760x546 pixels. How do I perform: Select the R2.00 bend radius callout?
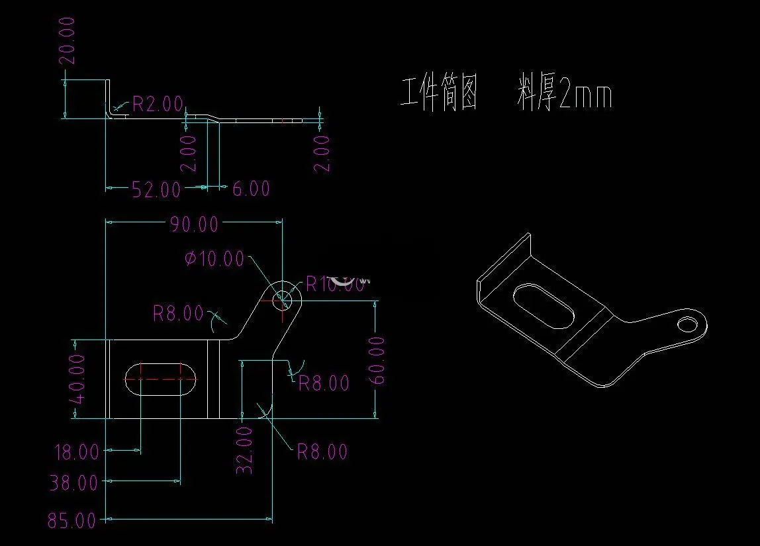pos(158,103)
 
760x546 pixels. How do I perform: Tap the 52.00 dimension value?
pos(156,190)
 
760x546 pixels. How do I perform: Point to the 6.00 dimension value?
pos(251,189)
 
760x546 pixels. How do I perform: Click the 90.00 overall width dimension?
pos(194,224)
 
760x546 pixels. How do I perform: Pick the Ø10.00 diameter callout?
pos(214,259)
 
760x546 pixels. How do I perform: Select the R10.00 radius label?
pos(335,285)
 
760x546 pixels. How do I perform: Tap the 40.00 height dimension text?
pos(78,379)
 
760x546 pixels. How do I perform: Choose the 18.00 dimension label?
pos(76,453)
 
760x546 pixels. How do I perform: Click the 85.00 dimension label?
pos(72,521)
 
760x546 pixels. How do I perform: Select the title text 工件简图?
pos(440,95)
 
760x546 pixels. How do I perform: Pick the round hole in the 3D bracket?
pos(689,323)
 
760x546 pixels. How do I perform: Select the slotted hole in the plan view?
pos(160,379)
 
